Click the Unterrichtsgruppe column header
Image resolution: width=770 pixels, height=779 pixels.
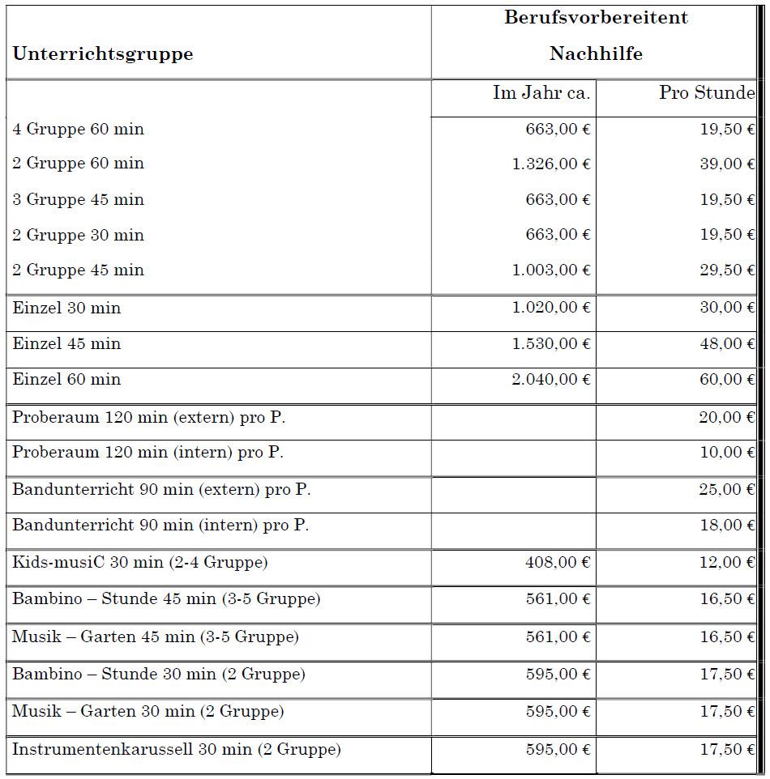pyautogui.click(x=103, y=54)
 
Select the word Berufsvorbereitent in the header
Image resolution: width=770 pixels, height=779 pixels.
pyautogui.click(x=596, y=17)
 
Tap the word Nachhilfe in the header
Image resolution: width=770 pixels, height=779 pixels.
pyautogui.click(x=596, y=53)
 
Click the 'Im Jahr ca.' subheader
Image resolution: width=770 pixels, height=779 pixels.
pyautogui.click(x=541, y=93)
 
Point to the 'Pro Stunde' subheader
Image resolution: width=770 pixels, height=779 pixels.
pyautogui.click(x=707, y=93)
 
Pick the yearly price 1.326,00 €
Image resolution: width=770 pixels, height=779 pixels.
pyautogui.click(x=551, y=164)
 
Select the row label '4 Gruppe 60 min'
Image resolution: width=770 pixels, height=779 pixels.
pyautogui.click(x=78, y=130)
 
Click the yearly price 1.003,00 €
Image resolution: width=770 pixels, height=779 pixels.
pyautogui.click(x=551, y=270)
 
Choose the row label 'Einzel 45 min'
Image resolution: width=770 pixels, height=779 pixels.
pyautogui.click(x=66, y=344)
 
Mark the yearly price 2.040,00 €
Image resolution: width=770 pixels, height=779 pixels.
pyautogui.click(x=551, y=380)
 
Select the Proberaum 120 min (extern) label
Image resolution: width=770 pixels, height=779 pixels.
pyautogui.click(x=149, y=418)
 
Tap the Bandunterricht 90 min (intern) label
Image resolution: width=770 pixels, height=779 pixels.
pyautogui.click(x=160, y=526)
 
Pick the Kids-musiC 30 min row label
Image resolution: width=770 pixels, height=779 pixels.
pyautogui.click(x=140, y=562)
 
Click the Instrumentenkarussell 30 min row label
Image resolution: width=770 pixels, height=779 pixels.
pyautogui.click(x=177, y=750)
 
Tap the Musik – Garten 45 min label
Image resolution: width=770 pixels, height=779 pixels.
pyautogui.click(x=156, y=637)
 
